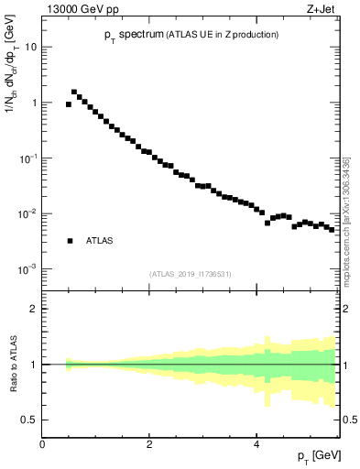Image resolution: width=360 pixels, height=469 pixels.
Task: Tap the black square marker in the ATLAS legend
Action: (x=70, y=241)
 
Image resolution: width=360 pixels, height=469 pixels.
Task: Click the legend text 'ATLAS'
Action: (x=100, y=241)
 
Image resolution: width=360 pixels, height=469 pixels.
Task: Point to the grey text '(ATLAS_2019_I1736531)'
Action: (x=190, y=274)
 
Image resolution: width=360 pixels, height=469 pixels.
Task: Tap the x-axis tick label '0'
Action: (x=42, y=442)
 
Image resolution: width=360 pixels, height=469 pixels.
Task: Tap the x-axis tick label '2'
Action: (x=149, y=442)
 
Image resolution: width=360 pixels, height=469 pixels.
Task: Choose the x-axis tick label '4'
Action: (x=256, y=442)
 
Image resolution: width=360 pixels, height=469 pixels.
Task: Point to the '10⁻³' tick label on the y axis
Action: (x=27, y=269)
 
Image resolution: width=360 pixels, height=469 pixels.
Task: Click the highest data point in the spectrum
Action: (x=74, y=92)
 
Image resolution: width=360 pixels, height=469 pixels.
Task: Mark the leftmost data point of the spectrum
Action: (x=69, y=104)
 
